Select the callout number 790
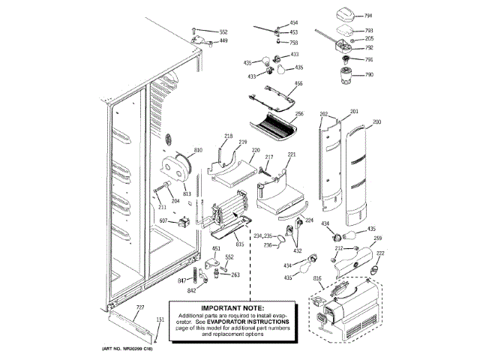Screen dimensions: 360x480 click(368, 75)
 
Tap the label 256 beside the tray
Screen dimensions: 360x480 click(298, 114)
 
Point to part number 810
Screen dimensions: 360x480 click(198, 151)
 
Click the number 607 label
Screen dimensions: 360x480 click(162, 220)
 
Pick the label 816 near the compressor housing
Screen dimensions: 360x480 click(317, 278)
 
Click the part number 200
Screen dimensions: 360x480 click(376, 121)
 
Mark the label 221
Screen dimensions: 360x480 click(292, 154)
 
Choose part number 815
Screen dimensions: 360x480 click(240, 244)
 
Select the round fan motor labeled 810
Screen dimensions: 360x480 click(178, 166)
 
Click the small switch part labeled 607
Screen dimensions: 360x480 click(182, 220)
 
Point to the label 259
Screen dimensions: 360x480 click(378, 238)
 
